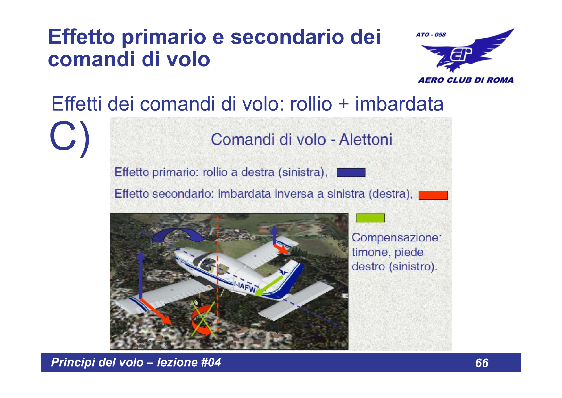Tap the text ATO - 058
pyautogui.click(x=431, y=35)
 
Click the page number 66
pyautogui.click(x=482, y=363)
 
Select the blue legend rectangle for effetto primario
pyautogui.click(x=351, y=173)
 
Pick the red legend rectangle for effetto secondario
pyautogui.click(x=433, y=195)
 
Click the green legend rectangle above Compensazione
pyautogui.click(x=370, y=218)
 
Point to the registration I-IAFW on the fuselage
pyautogui.click(x=245, y=286)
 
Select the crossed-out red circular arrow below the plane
pyautogui.click(x=202, y=321)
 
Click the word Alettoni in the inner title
pyautogui.click(x=365, y=140)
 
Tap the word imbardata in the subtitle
pyautogui.click(x=399, y=104)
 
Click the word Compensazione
pyautogui.click(x=396, y=238)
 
